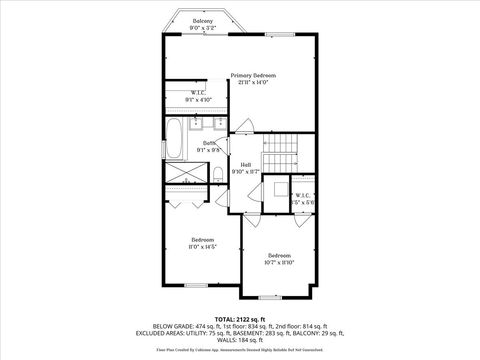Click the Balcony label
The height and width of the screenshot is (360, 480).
202,20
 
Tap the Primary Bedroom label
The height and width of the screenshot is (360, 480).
252,76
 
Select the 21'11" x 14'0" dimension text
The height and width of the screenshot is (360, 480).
252,83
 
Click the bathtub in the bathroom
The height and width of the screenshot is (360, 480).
176,139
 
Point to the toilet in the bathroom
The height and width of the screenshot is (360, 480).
217,175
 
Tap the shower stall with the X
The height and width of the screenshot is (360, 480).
180,174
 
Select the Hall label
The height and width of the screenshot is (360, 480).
245,165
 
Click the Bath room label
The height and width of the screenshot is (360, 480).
209,144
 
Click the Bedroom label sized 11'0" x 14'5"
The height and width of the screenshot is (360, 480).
203,239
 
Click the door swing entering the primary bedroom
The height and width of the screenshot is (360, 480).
246,128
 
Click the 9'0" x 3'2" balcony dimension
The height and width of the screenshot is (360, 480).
202,27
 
